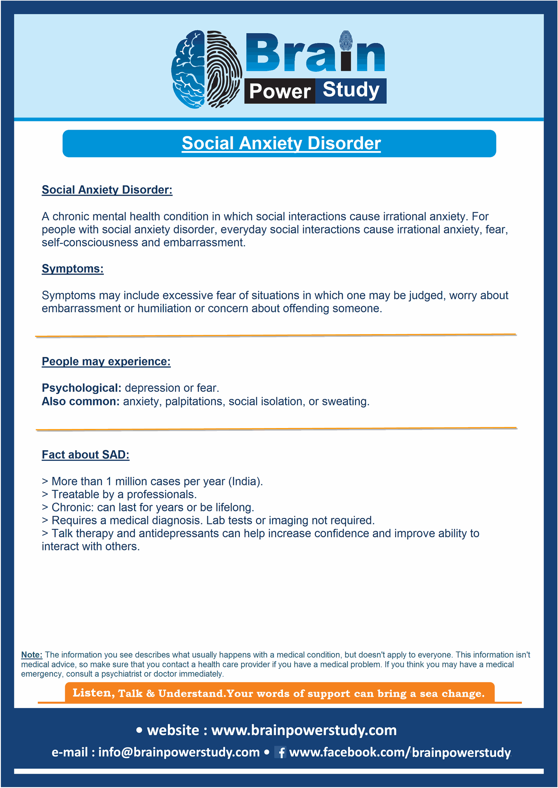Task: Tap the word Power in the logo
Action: point(280,91)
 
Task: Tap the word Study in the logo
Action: point(351,90)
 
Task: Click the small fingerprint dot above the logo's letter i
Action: point(346,40)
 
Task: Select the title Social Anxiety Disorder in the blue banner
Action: point(281,144)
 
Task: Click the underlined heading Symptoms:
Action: point(73,269)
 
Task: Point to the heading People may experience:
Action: point(106,362)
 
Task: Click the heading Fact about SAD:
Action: point(85,455)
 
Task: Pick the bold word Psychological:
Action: point(81,388)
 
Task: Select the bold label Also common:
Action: point(80,401)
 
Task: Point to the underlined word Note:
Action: point(32,655)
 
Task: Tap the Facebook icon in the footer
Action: point(281,752)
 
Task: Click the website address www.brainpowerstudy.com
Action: point(304,730)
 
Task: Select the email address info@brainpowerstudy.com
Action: point(179,752)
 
